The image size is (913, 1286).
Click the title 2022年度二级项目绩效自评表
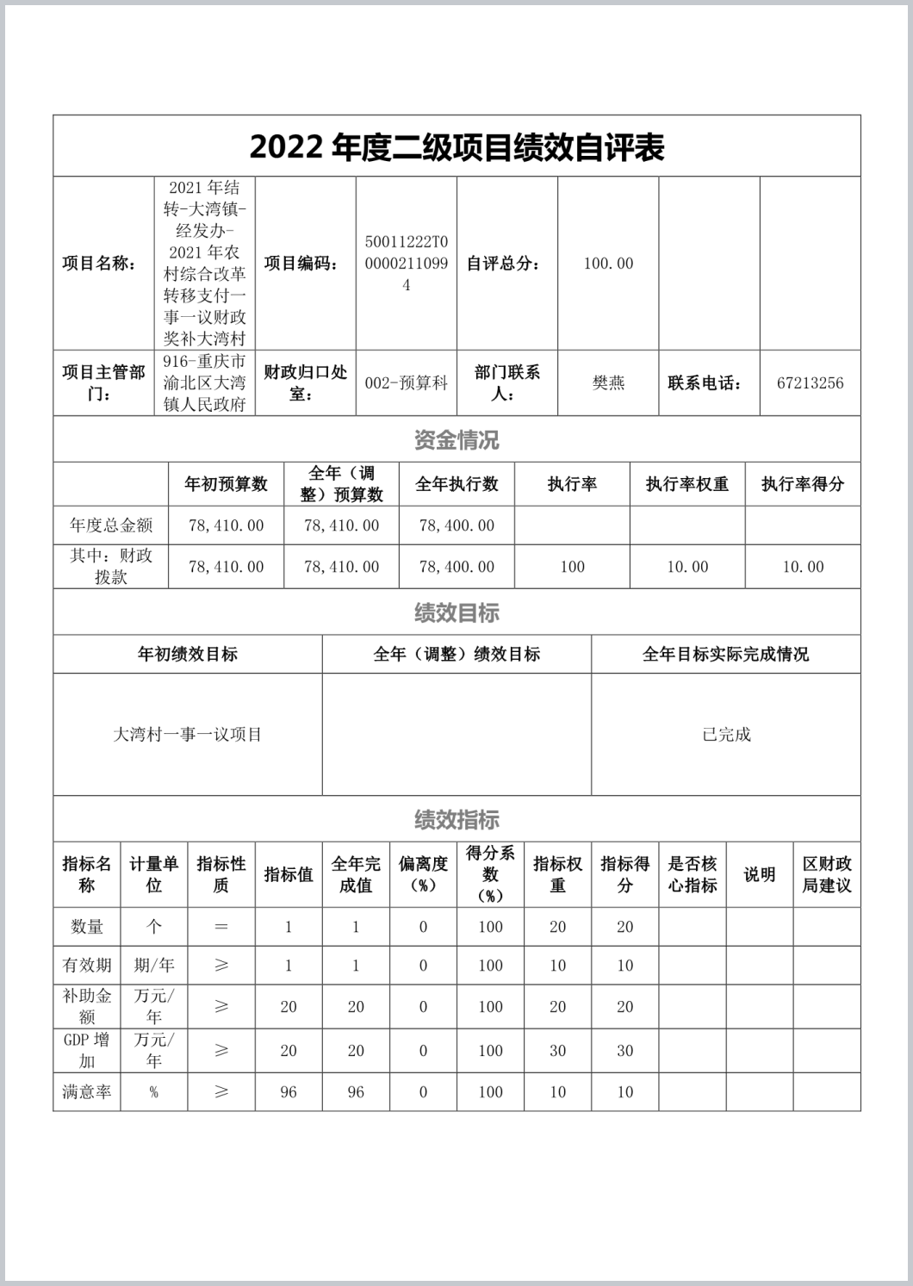[456, 147]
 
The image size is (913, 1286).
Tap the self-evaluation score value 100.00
[608, 264]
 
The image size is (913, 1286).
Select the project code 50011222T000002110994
[407, 264]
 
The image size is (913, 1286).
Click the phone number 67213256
[810, 383]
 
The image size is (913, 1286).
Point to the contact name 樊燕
[608, 383]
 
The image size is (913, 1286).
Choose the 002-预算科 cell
[407, 383]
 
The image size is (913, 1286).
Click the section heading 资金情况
[456, 440]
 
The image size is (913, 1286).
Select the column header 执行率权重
[687, 484]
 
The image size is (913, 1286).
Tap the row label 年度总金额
[111, 525]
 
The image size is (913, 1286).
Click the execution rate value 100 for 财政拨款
[572, 567]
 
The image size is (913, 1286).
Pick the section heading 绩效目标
[456, 613]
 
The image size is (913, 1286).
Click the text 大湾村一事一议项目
[188, 735]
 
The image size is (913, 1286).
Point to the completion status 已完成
[726, 735]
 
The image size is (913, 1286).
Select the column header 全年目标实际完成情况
[726, 655]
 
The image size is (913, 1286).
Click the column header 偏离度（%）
[423, 874]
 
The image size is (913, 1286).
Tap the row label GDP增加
[86, 1050]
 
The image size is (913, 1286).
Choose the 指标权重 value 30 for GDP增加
[557, 1051]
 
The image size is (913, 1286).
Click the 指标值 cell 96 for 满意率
[289, 1092]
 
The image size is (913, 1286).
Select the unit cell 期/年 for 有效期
[153, 966]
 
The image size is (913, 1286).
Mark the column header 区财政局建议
[827, 874]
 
